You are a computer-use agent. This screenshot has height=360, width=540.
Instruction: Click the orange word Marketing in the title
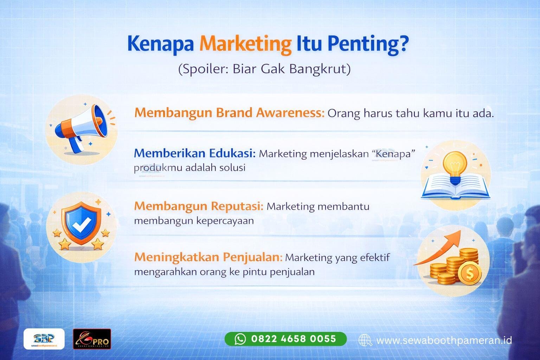[x=245, y=45]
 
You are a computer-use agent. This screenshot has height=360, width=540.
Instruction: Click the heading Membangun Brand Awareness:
[x=229, y=113]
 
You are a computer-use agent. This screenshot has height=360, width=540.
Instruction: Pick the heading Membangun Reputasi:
[x=199, y=206]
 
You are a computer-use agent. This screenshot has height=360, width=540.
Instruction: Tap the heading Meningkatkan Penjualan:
[x=208, y=257]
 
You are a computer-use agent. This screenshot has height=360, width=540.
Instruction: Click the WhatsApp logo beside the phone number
[x=240, y=339]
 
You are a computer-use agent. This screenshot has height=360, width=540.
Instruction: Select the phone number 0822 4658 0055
[x=294, y=339]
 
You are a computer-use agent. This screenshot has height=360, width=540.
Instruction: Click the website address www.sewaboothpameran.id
[x=444, y=340]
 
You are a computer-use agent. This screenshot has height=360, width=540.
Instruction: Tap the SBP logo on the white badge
[x=44, y=339]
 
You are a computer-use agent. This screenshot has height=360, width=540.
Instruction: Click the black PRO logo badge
[x=92, y=339]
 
